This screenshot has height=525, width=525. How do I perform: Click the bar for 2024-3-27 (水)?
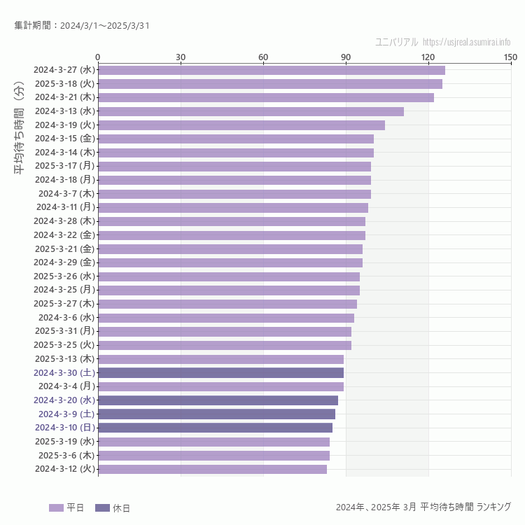click(272, 70)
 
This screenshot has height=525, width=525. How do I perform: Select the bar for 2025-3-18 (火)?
click(270, 84)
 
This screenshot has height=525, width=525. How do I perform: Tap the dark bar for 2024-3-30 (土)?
click(220, 372)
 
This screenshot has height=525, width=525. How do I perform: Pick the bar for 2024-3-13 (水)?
click(251, 111)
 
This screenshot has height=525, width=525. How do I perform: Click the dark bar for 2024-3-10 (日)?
click(215, 428)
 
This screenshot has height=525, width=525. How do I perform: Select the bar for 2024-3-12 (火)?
click(212, 469)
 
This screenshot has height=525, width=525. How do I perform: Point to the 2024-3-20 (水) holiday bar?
click(218, 400)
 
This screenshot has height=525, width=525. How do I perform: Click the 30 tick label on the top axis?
click(181, 57)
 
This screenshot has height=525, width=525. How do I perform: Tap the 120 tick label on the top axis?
click(428, 57)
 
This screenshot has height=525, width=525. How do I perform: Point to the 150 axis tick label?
click(510, 57)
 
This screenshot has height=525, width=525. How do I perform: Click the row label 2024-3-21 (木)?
click(64, 97)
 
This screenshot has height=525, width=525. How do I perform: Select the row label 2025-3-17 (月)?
click(64, 166)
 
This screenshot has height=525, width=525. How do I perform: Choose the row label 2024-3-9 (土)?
click(66, 414)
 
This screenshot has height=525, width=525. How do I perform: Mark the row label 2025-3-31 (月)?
click(64, 331)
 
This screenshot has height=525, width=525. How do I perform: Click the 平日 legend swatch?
click(56, 507)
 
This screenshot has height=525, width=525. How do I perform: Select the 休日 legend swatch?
click(102, 507)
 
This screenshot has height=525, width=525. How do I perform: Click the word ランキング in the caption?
click(493, 507)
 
